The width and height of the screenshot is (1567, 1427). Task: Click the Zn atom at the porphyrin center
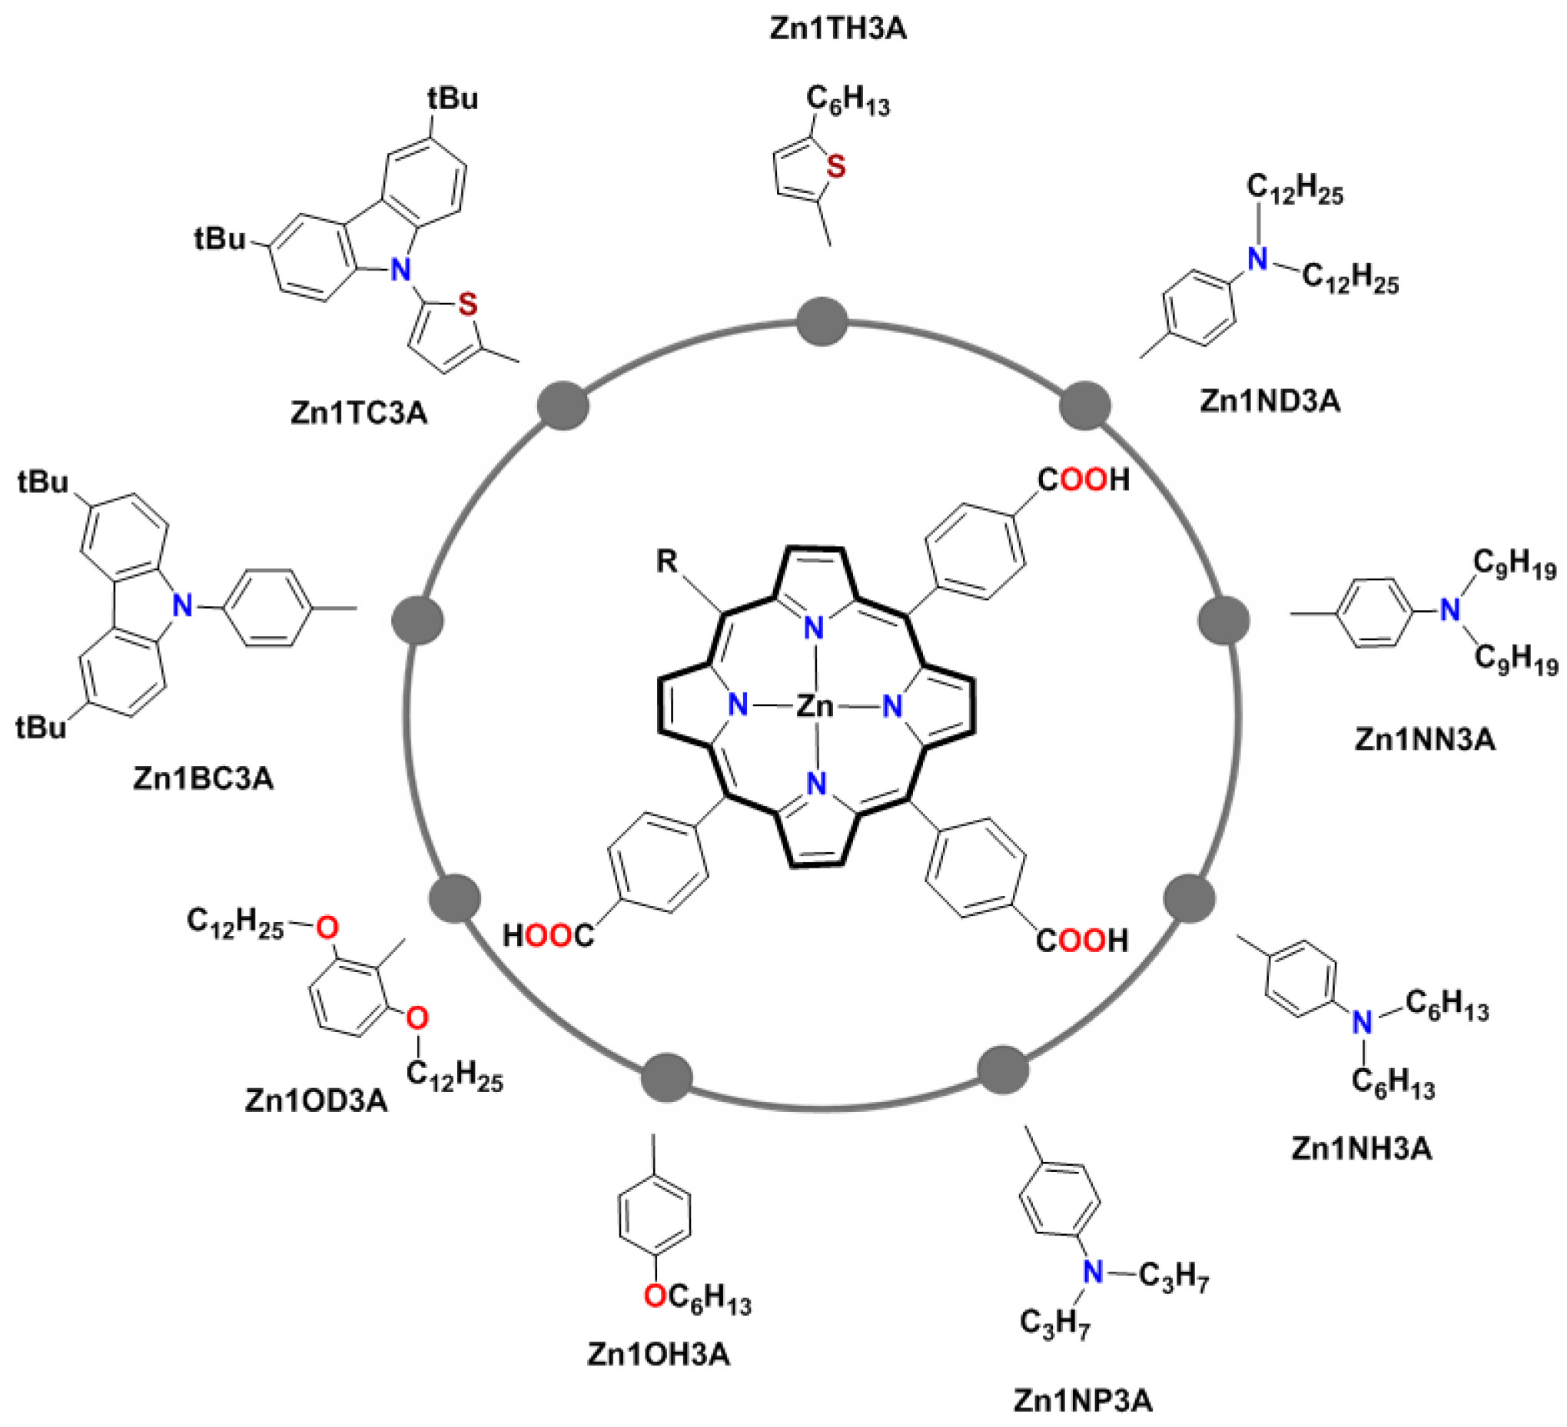(x=814, y=705)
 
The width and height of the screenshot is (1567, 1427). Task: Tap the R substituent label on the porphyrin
(x=667, y=561)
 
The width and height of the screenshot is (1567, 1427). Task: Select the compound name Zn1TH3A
(x=838, y=28)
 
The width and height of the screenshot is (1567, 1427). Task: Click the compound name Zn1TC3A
(x=359, y=413)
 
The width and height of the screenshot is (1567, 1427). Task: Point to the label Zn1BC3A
(x=204, y=778)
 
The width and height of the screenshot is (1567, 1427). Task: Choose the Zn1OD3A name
(x=316, y=1100)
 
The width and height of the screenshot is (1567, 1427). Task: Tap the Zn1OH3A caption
(x=659, y=1354)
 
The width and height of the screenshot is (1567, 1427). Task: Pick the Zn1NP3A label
(x=1082, y=1401)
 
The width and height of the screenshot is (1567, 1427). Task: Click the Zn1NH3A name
(x=1361, y=1148)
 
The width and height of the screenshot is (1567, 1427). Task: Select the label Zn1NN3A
(x=1425, y=738)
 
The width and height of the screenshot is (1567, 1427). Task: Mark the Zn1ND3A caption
(x=1270, y=400)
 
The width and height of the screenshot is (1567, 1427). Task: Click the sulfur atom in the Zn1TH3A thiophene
(x=836, y=166)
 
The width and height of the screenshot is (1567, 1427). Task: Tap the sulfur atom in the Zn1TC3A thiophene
(x=467, y=304)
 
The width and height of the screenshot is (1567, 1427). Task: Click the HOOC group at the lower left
(x=548, y=936)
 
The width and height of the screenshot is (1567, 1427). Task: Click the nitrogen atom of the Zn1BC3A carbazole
(x=182, y=604)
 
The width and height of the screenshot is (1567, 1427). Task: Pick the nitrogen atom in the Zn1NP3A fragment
(x=1093, y=1272)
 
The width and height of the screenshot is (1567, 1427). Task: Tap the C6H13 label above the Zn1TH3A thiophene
(x=847, y=99)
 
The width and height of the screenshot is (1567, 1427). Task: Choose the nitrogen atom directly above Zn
(x=814, y=626)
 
